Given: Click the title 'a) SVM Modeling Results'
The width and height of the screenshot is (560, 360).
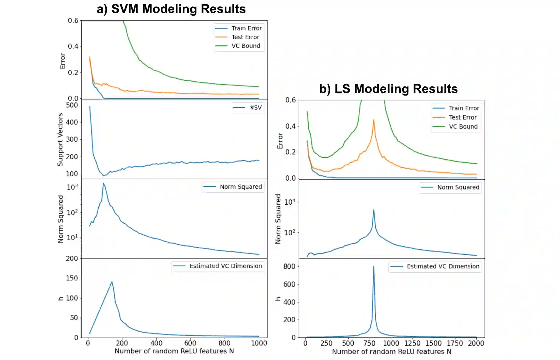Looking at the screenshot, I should (171, 9).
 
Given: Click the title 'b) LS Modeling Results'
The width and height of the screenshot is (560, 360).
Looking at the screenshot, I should (388, 89).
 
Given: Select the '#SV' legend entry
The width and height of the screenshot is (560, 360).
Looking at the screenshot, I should (256, 107).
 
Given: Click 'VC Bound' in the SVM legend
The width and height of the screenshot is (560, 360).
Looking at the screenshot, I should (245, 46).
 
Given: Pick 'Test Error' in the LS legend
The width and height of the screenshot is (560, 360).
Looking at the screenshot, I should (463, 117).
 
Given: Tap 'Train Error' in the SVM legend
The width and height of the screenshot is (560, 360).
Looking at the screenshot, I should (246, 28).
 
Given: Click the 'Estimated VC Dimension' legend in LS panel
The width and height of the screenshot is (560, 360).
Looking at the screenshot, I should (443, 266).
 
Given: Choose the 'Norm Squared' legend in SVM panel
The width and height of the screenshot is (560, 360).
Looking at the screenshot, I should (241, 187).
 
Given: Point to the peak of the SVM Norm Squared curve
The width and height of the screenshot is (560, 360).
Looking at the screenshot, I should (103, 183).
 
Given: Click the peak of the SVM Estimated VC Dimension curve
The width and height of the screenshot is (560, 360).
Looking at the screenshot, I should (112, 282).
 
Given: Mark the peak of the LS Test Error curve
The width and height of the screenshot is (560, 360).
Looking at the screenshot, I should (374, 120).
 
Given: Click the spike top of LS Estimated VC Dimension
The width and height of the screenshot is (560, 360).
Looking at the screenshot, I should (374, 266).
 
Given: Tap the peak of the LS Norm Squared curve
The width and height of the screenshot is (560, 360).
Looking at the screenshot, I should (374, 210).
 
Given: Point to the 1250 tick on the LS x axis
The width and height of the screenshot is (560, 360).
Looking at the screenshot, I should (412, 343).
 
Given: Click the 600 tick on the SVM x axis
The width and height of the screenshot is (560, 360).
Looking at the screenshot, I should (190, 343).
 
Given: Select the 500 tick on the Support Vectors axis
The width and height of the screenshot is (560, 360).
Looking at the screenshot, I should (72, 105).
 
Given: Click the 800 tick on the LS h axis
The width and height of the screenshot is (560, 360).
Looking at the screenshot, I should (289, 266).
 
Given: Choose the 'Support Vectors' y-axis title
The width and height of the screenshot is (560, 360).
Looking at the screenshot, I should (60, 139).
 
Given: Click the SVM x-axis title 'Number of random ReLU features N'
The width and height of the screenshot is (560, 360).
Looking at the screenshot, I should (174, 351).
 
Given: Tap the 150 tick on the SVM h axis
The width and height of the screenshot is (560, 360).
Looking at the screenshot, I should (72, 278).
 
